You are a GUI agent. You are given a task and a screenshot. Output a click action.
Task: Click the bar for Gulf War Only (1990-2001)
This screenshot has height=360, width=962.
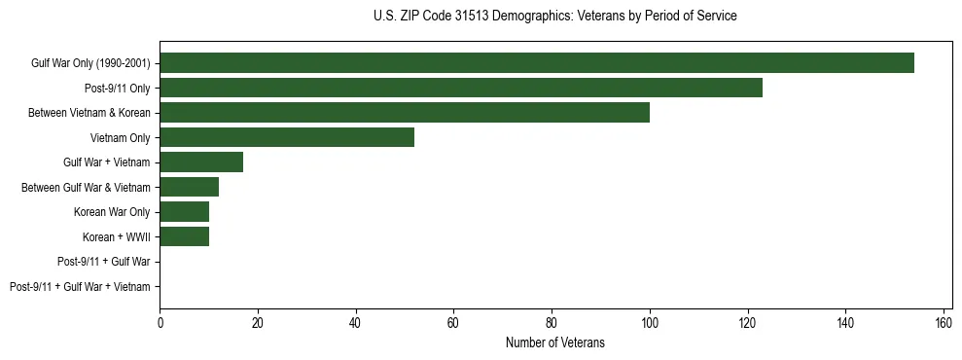pyautogui.click(x=537, y=63)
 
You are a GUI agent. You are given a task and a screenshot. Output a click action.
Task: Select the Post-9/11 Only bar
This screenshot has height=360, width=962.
pyautogui.click(x=461, y=88)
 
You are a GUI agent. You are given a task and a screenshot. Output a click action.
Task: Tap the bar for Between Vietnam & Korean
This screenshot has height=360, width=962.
pyautogui.click(x=405, y=113)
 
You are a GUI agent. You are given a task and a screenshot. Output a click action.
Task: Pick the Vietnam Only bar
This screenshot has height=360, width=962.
pyautogui.click(x=287, y=137)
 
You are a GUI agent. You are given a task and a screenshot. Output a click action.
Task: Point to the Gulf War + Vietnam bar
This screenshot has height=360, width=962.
pyautogui.click(x=201, y=162)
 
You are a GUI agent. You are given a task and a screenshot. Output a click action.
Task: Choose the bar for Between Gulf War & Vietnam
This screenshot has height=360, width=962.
pyautogui.click(x=189, y=187)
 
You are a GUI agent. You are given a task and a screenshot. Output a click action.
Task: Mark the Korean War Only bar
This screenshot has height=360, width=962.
pyautogui.click(x=184, y=212)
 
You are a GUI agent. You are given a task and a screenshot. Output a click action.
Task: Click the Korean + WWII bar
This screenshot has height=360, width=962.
pyautogui.click(x=184, y=236)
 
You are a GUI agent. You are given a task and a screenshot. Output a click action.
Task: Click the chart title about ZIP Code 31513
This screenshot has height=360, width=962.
pyautogui.click(x=554, y=17)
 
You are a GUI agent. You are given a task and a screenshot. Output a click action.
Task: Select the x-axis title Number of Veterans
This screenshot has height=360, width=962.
pyautogui.click(x=554, y=342)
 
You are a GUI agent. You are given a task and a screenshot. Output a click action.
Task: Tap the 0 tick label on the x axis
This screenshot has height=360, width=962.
pyautogui.click(x=160, y=322)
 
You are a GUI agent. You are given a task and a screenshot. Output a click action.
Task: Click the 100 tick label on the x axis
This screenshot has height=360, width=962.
pyautogui.click(x=650, y=322)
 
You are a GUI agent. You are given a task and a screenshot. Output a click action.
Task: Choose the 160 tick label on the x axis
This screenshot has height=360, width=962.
pyautogui.click(x=944, y=322)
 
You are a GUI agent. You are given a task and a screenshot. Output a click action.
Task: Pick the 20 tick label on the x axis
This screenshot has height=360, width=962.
pyautogui.click(x=258, y=322)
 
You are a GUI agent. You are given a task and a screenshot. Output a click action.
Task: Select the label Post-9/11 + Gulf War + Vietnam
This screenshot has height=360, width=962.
pyautogui.click(x=80, y=287)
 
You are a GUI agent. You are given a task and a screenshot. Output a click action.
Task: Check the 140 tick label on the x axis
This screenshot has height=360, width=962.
pyautogui.click(x=845, y=322)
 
